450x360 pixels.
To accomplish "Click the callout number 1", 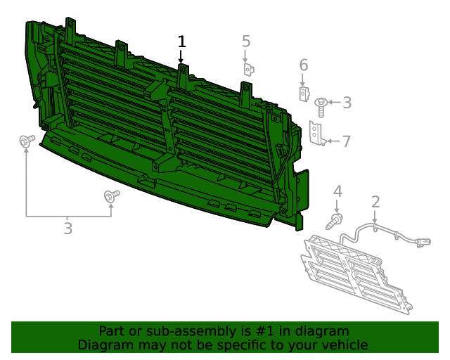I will pos(182,41).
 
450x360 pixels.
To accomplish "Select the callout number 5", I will pos(246,41).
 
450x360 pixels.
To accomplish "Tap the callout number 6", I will pos(304,65).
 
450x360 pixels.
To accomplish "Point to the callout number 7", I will pos(346,141).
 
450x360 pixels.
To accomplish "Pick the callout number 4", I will pos(337,191).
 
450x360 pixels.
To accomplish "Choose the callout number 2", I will pos(375,202).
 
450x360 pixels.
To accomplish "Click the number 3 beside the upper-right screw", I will pos(347,103).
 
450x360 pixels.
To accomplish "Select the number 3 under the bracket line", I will pos(67,228).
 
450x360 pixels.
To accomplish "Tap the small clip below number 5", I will pos(248,69).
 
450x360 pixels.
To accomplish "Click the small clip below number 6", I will pos(303,94).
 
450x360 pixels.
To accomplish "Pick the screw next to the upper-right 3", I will pos(321,106).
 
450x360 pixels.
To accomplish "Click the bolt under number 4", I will pos(335,221).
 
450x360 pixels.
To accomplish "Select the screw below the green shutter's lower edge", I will pos(110,197).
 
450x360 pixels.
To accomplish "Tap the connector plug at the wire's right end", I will pos(423,243).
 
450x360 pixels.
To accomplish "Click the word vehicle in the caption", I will pos(345,345).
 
